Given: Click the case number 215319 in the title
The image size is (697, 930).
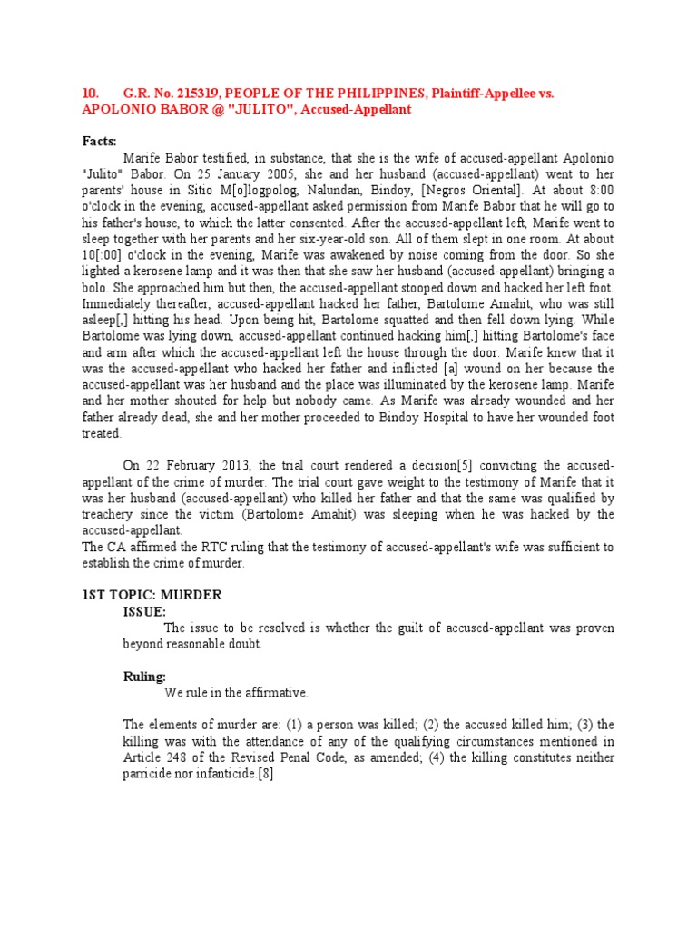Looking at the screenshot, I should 196,94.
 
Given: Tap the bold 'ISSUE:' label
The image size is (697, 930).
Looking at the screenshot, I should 144,611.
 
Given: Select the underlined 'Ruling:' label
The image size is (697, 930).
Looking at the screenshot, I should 144,677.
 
